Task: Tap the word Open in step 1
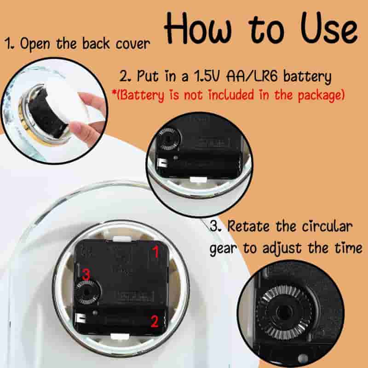point(35,44)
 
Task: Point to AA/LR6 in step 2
point(252,76)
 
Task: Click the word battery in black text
point(307,76)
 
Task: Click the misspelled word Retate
point(248,226)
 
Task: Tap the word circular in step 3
point(327,226)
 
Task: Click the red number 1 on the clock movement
point(155,252)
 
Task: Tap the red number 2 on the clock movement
point(154,321)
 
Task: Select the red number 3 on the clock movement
point(86,274)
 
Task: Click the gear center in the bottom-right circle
point(284,312)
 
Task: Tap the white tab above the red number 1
point(122,239)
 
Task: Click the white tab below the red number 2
point(120,336)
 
